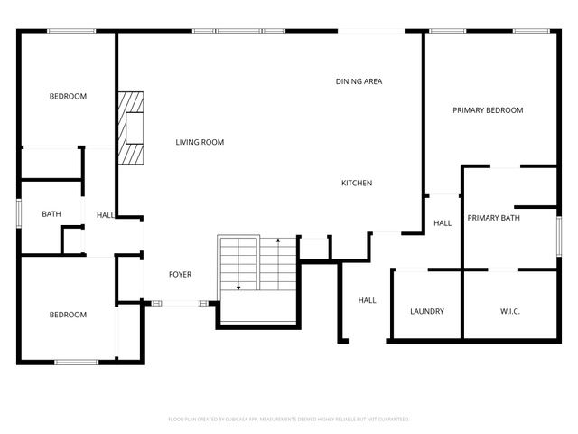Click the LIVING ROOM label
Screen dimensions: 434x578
200,142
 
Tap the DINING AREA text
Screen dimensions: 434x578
359,81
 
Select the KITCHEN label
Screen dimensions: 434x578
356,184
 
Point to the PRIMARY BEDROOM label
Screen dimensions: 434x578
488,110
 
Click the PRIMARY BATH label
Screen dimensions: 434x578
493,218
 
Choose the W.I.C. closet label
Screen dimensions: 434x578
510,311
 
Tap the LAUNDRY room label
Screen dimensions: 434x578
426,311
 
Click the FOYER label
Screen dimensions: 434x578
181,274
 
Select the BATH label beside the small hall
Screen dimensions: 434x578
51,214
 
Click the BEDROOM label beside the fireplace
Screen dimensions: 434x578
68,96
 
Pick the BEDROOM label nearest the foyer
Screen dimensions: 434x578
68,315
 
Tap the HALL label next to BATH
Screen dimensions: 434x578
106,215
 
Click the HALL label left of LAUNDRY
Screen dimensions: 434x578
367,300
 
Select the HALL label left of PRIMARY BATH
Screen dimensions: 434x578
443,223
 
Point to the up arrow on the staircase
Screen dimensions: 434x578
278,242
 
